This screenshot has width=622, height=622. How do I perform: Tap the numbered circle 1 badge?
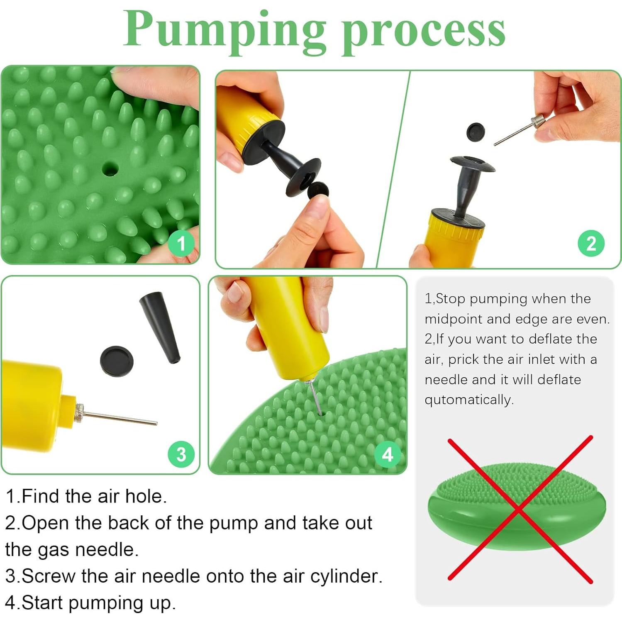click(181, 244)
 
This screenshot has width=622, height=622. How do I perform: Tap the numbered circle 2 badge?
click(591, 244)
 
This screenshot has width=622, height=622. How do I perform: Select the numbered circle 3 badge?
click(181, 454)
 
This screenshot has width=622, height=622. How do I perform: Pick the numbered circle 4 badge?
click(388, 455)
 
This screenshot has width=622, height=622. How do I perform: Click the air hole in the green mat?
click(110, 169)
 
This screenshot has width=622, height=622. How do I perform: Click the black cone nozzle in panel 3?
click(160, 328)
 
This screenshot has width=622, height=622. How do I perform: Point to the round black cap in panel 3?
click(117, 361)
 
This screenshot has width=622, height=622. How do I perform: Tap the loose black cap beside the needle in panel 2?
click(476, 132)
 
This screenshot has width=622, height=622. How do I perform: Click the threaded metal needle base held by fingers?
click(538, 122)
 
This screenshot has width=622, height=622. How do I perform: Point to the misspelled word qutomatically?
click(469, 400)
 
